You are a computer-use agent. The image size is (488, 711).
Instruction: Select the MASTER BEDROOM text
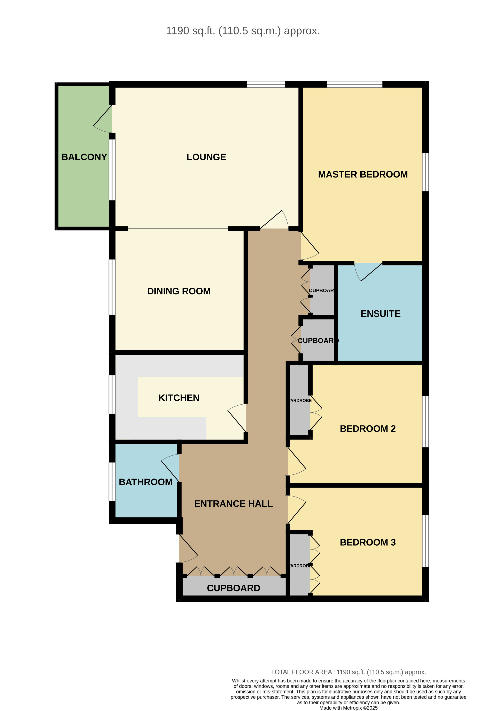tap(363, 174)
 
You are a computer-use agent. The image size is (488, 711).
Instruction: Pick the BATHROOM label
tap(146, 482)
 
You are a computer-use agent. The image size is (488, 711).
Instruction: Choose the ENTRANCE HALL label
tap(233, 504)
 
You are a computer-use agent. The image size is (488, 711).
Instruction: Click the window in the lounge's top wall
tap(266, 84)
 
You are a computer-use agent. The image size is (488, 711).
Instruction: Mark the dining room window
tap(112, 287)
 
